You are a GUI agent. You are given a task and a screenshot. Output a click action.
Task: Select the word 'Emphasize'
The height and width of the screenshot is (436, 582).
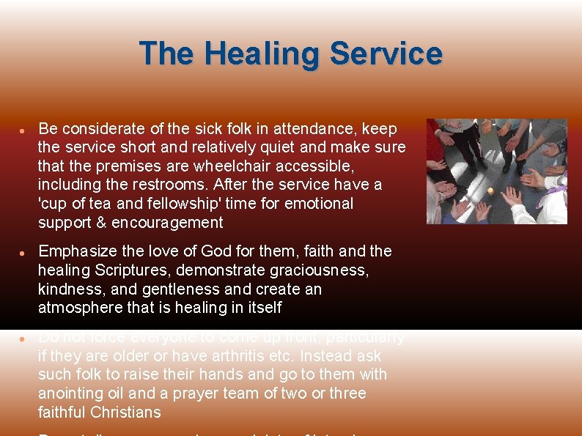click(75, 251)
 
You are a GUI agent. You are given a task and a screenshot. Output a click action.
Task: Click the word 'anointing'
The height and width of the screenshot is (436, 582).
click(70, 393)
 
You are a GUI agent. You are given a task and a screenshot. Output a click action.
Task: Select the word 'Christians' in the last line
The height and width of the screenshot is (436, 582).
click(126, 413)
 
